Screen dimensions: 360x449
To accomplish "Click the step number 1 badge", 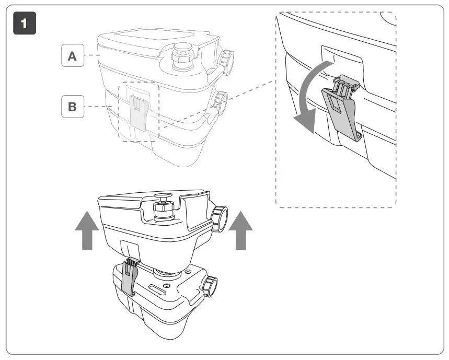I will [x=24, y=24].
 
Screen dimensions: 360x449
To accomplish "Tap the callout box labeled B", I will [x=73, y=107].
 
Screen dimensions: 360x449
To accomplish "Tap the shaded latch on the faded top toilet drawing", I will [x=138, y=112].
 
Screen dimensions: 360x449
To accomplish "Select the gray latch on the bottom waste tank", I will [x=129, y=279].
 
